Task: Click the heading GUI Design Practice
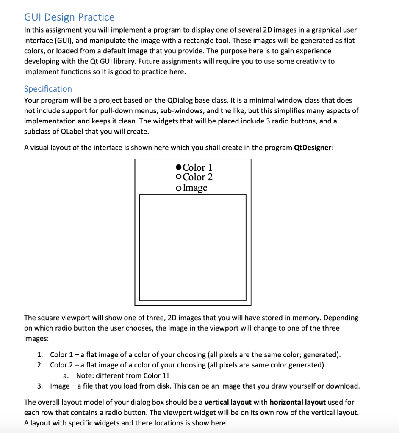coord(69,17)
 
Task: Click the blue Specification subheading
coord(48,89)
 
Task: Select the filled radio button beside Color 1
coord(178,167)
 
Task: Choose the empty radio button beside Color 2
coord(178,177)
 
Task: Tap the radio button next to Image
coord(178,188)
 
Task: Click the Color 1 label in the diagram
coord(197,167)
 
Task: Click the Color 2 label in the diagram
coord(197,177)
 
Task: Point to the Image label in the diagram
coord(195,188)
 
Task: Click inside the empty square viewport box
coord(193,247)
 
